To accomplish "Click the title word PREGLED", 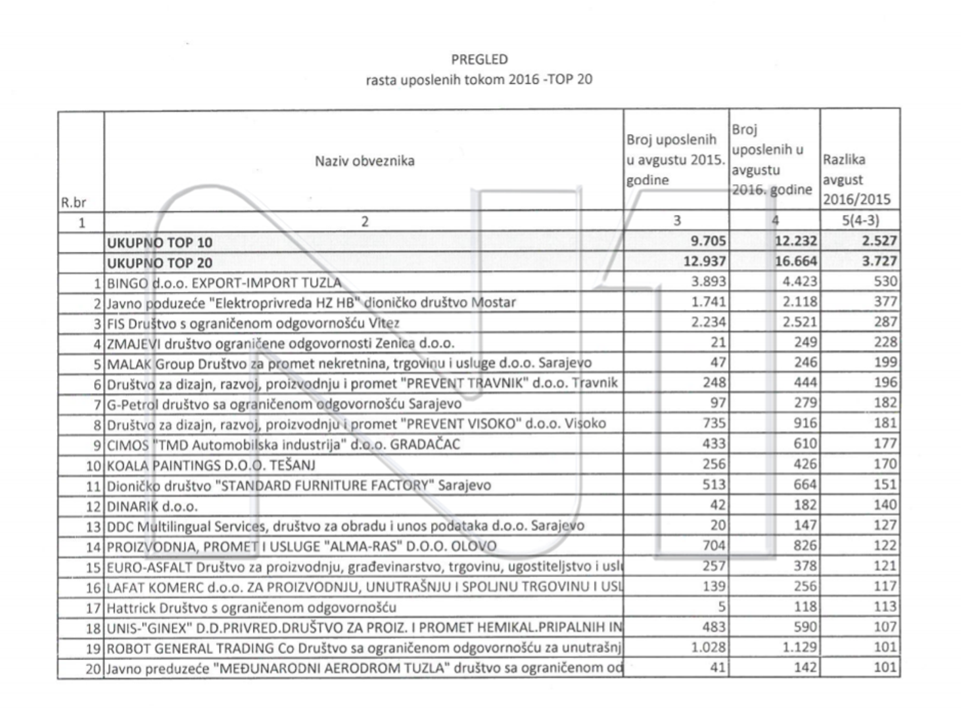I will [x=479, y=59].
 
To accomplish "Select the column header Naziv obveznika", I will [x=364, y=161].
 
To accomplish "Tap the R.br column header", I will [x=74, y=202].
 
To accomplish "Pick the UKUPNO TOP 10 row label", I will [x=160, y=242].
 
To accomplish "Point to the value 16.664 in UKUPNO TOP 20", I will [x=795, y=262].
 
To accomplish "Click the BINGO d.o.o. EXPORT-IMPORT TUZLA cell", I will [x=224, y=283].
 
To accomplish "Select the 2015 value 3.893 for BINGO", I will [x=709, y=281].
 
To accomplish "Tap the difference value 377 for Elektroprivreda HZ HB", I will [x=885, y=302].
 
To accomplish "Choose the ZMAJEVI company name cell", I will [x=281, y=343].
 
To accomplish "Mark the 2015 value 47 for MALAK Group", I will [x=718, y=362].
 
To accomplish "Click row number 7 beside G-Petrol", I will [x=97, y=404].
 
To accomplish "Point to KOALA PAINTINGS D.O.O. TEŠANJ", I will [x=211, y=465].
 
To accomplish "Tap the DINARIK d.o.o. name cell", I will [x=152, y=506].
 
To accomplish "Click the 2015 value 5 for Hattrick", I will [x=722, y=607].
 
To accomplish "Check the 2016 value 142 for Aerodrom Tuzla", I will [x=805, y=667].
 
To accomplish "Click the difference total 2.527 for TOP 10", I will [x=879, y=241].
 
